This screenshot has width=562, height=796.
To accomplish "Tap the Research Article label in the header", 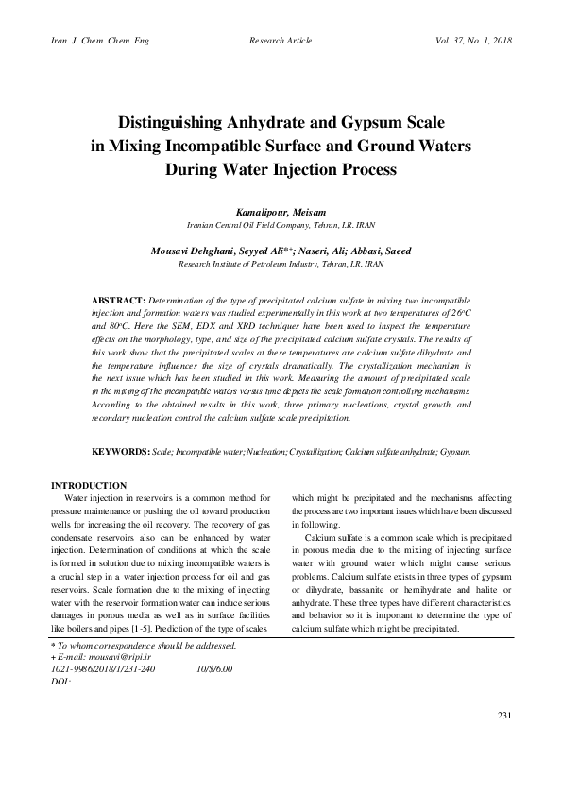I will [281, 42].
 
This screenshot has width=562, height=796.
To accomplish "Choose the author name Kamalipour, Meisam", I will [281, 214].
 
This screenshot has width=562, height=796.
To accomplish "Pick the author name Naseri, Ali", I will [303, 251].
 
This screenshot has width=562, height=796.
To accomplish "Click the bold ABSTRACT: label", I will [120, 299].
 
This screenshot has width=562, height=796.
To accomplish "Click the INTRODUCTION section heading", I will [89, 485].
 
